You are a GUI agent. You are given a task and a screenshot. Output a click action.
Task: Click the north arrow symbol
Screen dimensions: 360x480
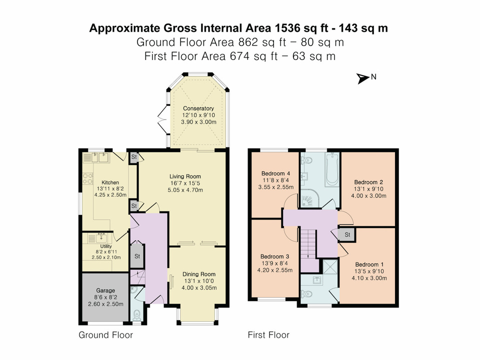363,78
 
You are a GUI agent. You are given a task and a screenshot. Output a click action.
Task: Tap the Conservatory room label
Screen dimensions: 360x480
198,108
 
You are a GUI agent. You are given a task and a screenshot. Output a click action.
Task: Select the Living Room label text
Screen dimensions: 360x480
185,176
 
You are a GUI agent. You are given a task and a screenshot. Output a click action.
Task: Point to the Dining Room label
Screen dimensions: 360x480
198,274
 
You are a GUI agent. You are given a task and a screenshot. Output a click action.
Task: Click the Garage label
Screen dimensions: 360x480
105,290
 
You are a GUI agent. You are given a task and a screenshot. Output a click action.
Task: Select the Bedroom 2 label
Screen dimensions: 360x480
368,182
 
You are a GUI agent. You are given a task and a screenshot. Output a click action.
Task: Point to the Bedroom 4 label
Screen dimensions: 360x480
275,173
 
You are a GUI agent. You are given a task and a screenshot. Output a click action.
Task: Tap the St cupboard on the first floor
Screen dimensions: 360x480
346,234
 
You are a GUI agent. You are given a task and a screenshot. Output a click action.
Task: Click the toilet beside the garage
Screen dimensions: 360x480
137,313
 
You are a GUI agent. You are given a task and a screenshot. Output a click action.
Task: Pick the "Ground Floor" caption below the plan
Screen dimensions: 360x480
106,335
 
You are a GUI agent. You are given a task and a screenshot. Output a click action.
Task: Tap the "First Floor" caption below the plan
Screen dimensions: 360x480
268,335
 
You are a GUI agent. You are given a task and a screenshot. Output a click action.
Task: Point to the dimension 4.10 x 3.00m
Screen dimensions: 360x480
370,279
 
